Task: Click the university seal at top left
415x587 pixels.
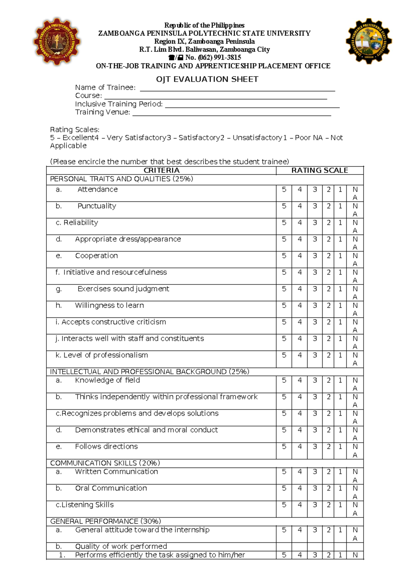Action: (x=57, y=42)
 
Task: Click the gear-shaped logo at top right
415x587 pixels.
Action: (x=369, y=41)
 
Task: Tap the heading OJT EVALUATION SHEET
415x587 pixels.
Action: (x=207, y=79)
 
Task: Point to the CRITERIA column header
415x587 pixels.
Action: (x=162, y=170)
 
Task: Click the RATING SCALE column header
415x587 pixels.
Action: (x=320, y=170)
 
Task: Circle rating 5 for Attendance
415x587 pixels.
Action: (x=284, y=189)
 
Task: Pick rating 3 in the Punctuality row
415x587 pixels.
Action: (x=315, y=206)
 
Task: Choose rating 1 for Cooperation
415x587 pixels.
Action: (x=340, y=256)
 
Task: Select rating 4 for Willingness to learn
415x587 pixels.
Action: (x=299, y=306)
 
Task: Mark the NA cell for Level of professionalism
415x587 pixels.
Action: (x=355, y=359)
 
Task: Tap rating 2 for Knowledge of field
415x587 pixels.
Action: (x=329, y=380)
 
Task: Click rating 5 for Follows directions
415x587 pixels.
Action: (x=284, y=447)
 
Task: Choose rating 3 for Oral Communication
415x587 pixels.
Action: (x=315, y=488)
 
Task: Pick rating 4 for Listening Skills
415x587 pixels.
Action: (x=299, y=505)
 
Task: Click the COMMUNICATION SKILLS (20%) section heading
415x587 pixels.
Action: (x=105, y=463)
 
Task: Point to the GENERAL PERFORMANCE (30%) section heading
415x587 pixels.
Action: (x=105, y=521)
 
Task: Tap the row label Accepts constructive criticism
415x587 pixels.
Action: (x=114, y=322)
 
